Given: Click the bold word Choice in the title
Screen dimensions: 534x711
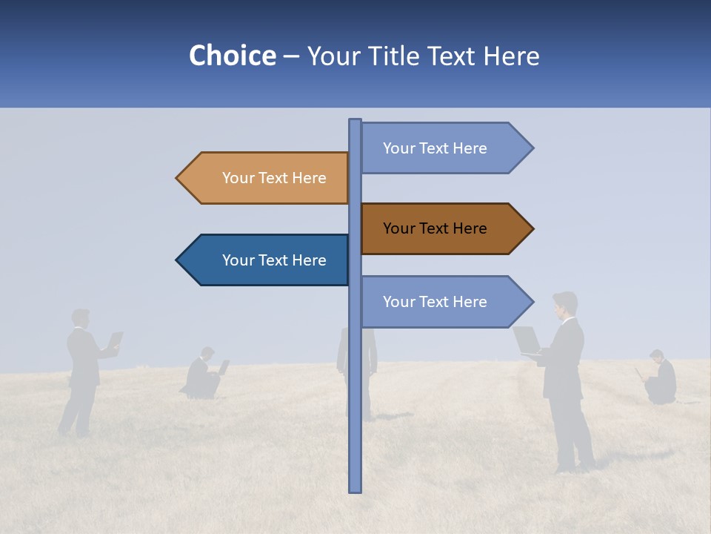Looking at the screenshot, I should (x=232, y=56).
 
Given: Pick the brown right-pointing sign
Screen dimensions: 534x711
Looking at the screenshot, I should (x=437, y=228).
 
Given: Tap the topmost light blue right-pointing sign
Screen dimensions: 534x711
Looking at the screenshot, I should (x=437, y=148).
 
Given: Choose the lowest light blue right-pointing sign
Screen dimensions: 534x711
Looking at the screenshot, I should (x=437, y=302).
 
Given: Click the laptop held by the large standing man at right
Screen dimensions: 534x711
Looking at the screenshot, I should (x=527, y=340).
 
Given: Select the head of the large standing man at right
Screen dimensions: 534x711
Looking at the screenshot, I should (x=565, y=304).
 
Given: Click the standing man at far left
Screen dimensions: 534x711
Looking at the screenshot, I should (x=81, y=371).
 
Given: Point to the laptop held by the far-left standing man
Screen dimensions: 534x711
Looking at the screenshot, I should (x=116, y=340).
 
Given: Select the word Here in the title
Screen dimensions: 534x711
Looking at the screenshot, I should (x=511, y=56).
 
